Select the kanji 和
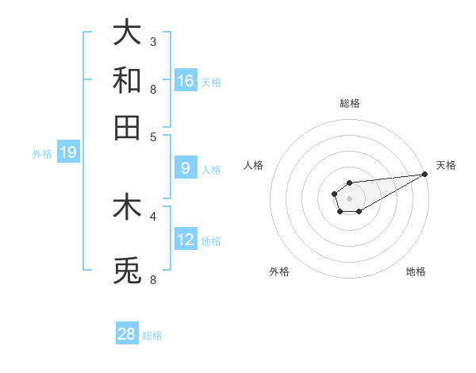click(128, 79)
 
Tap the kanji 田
click(128, 127)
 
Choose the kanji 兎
click(128, 271)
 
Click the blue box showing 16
click(186, 80)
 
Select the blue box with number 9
click(186, 168)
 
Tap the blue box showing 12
click(186, 240)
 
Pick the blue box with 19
click(68, 152)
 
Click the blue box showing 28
click(127, 334)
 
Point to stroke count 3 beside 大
click(153, 41)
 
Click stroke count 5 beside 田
click(153, 137)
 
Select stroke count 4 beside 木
click(153, 216)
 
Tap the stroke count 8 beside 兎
click(153, 279)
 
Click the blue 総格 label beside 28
click(152, 336)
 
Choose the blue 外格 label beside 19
click(42, 154)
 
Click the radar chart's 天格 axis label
click(446, 165)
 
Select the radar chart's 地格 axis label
click(416, 272)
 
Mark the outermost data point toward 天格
click(424, 174)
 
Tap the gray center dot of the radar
click(349, 198)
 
